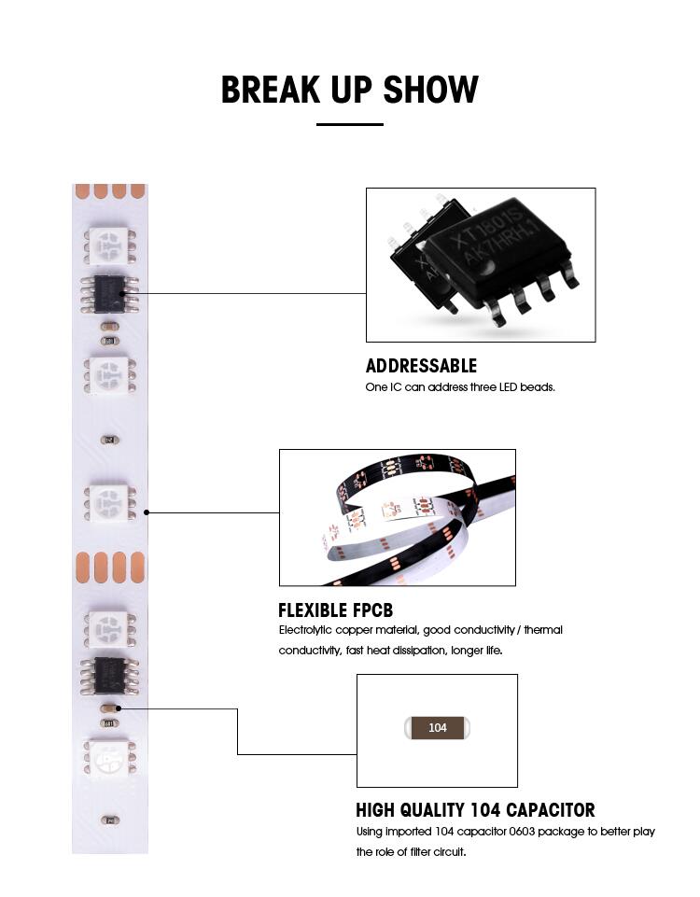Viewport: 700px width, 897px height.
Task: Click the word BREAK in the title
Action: click(x=271, y=90)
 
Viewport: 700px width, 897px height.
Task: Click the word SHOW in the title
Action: click(x=430, y=90)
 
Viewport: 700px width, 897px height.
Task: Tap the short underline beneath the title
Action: click(x=350, y=124)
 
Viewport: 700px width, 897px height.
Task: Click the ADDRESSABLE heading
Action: click(x=421, y=366)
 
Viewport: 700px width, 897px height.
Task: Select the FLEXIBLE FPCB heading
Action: click(x=336, y=610)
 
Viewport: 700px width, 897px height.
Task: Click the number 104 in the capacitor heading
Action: click(x=485, y=810)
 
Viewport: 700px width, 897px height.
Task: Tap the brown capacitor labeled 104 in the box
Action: click(x=438, y=728)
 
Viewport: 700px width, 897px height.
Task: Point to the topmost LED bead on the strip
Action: click(x=110, y=246)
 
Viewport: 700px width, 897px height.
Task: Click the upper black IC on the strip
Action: click(x=110, y=294)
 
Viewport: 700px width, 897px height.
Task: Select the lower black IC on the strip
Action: click(x=110, y=675)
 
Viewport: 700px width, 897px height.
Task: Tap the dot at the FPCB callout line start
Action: click(x=147, y=512)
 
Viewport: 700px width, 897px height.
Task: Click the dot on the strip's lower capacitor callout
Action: click(x=119, y=708)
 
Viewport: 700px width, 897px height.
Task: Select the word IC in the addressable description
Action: click(x=396, y=387)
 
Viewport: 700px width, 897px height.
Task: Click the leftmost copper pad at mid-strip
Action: click(x=83, y=568)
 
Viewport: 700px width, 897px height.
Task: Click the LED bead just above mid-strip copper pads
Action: click(x=110, y=502)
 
